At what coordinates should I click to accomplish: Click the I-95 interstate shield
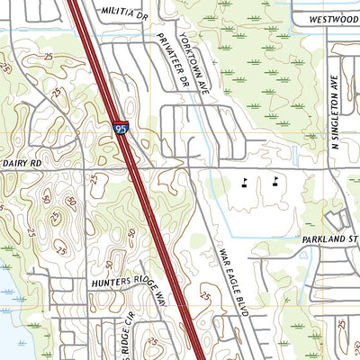(121, 130)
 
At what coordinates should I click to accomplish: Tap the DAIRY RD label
(22, 163)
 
